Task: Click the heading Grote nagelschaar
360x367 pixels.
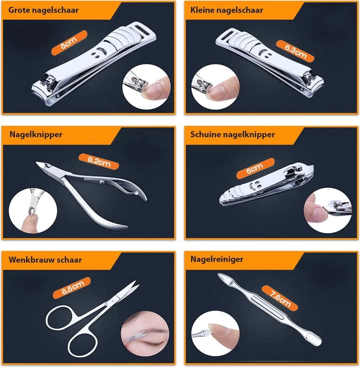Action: click(x=43, y=10)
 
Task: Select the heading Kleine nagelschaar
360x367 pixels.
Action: click(x=226, y=10)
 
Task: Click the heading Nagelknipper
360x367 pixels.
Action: click(x=36, y=135)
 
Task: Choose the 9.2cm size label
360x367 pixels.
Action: click(x=98, y=161)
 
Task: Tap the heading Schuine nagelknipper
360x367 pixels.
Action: click(x=232, y=135)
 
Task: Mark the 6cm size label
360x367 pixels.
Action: click(x=255, y=169)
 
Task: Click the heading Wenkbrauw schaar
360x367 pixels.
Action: click(x=45, y=260)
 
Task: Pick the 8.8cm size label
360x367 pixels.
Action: click(x=72, y=288)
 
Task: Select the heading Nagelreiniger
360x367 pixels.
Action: click(x=217, y=259)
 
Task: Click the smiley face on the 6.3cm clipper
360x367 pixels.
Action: click(x=267, y=54)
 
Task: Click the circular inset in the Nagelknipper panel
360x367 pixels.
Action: click(x=33, y=211)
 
